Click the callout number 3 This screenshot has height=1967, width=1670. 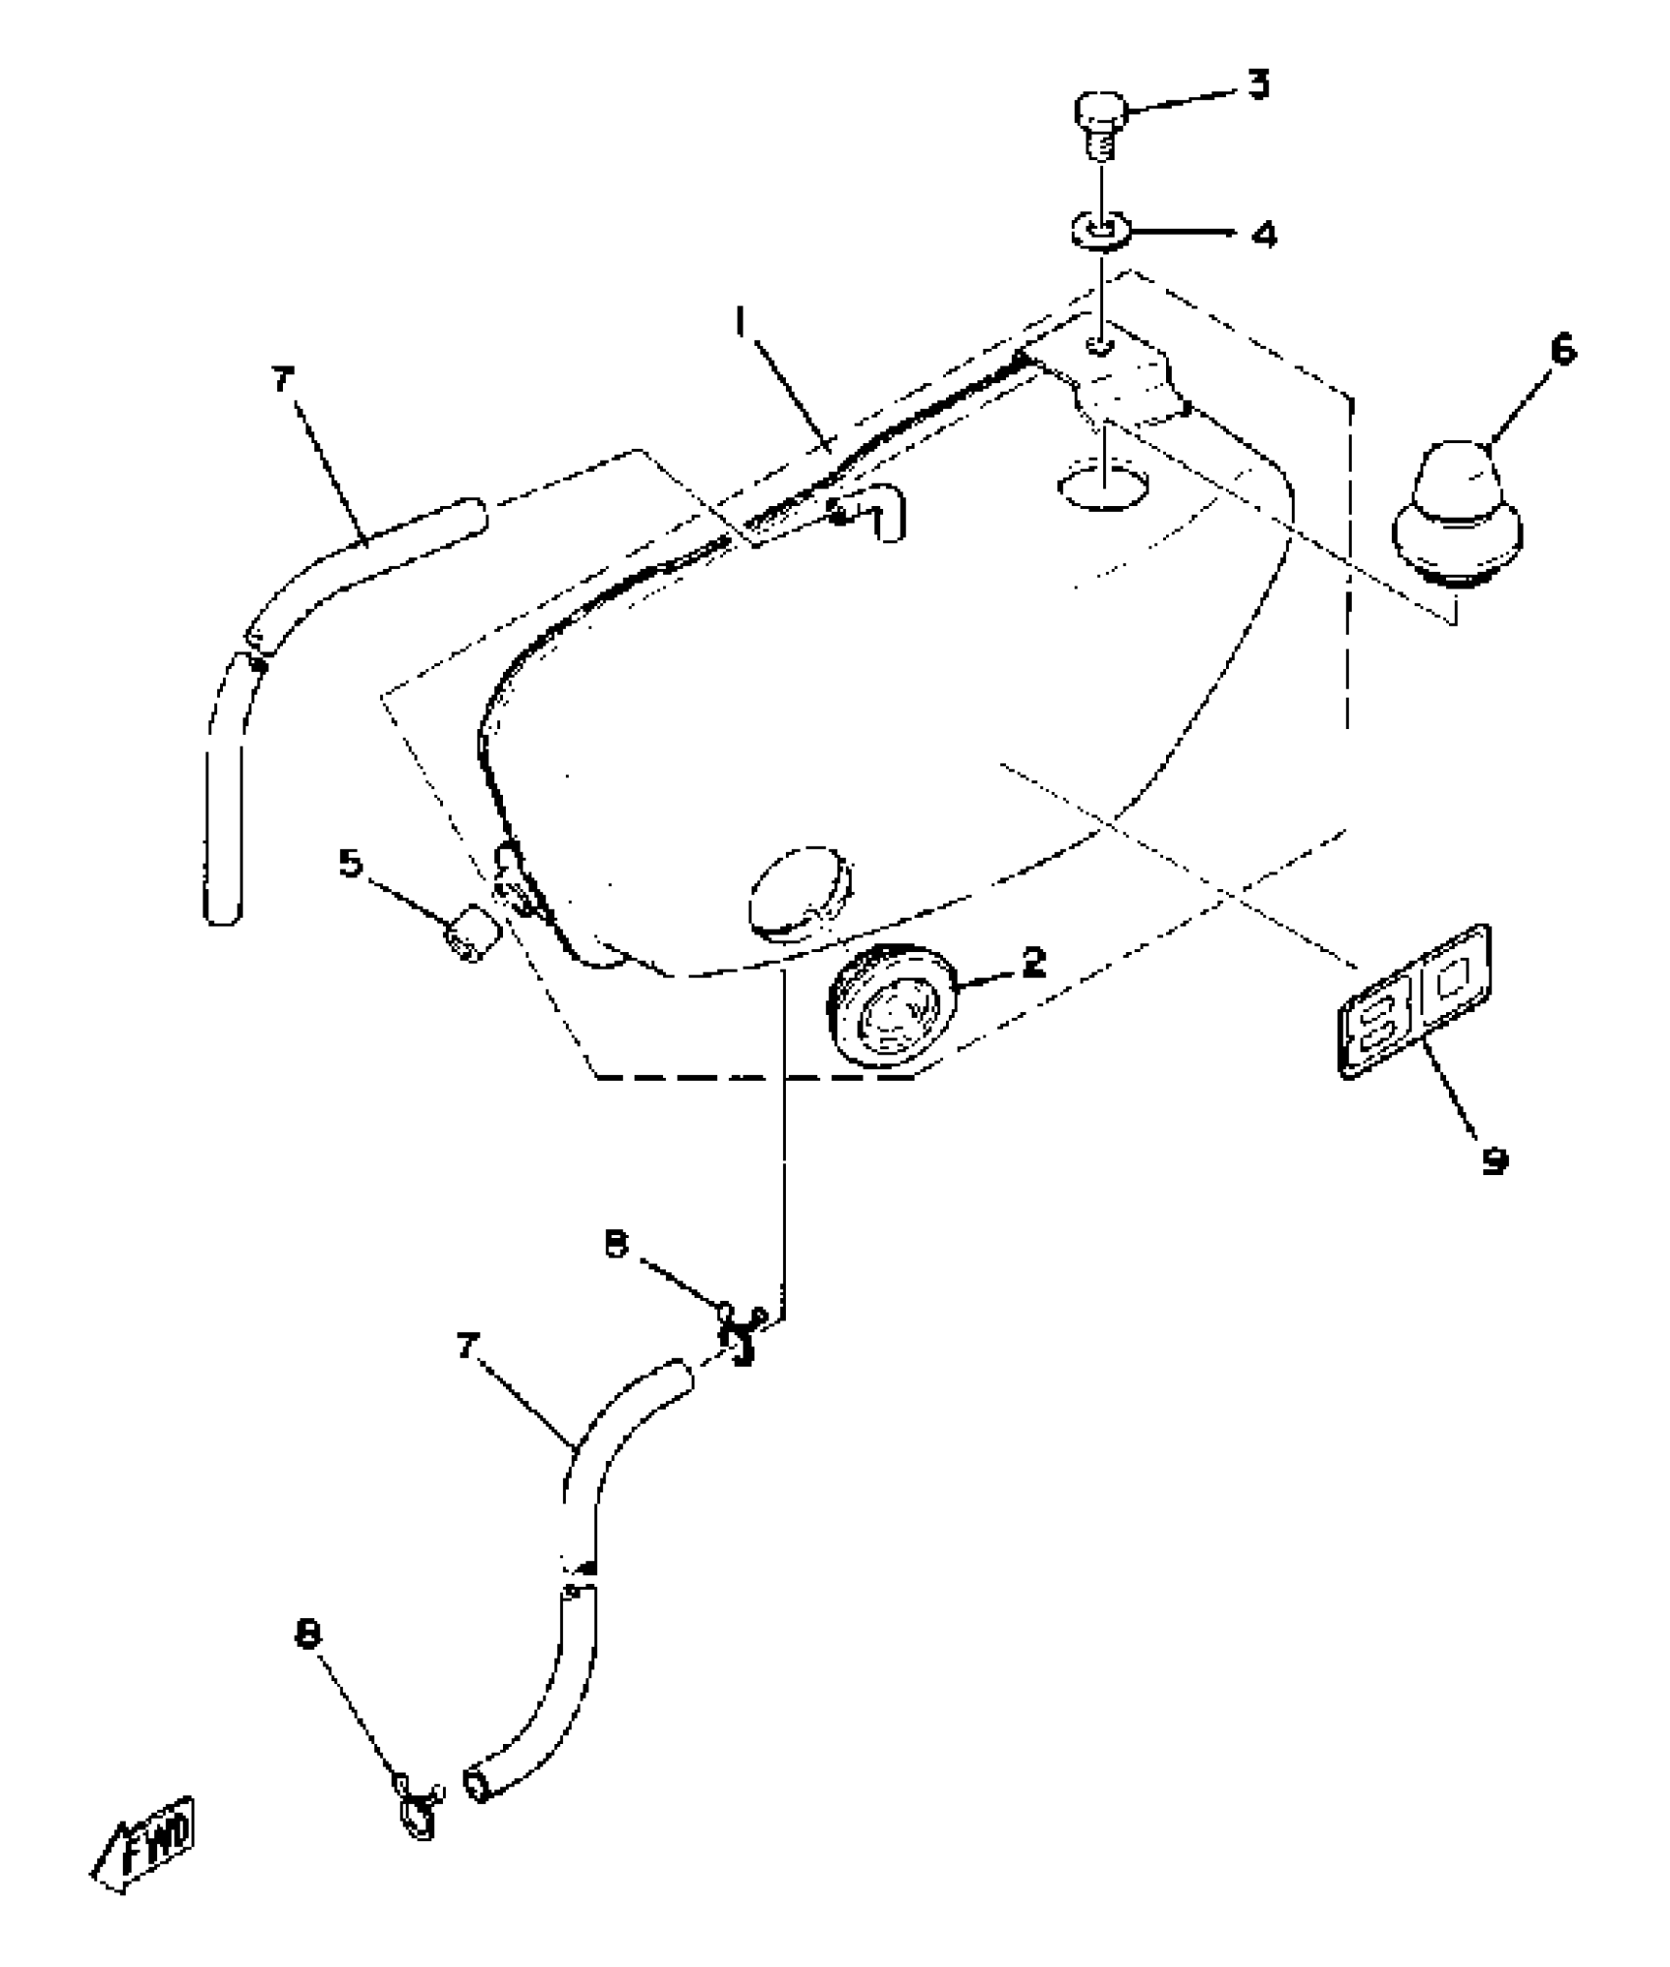(1258, 86)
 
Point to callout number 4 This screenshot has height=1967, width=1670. (1263, 236)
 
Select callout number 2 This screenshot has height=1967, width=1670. (1033, 964)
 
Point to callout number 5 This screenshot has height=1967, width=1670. (350, 864)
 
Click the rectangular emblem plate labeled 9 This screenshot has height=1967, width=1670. (1416, 1001)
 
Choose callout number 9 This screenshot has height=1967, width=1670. (1494, 1162)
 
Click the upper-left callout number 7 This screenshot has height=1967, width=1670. (283, 381)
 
